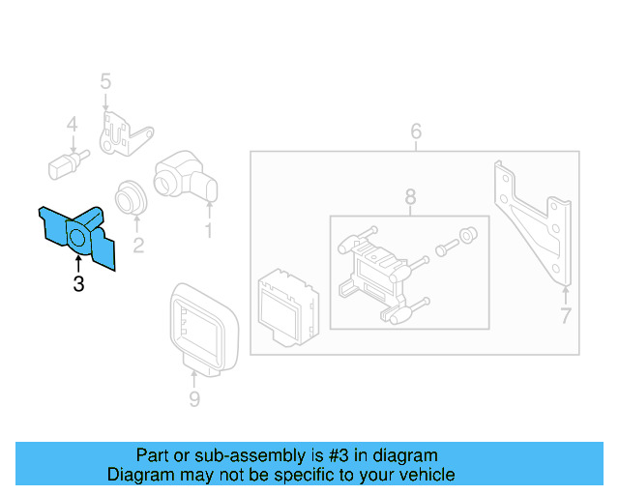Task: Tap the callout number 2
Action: [138, 246]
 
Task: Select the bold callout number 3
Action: [78, 283]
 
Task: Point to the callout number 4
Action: [72, 124]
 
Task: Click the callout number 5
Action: [105, 82]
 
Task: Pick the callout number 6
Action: [416, 131]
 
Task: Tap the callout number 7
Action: [566, 315]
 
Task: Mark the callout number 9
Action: [194, 398]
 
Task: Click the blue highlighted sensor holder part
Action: [77, 235]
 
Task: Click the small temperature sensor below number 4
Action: [66, 161]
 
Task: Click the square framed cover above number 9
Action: [201, 323]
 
